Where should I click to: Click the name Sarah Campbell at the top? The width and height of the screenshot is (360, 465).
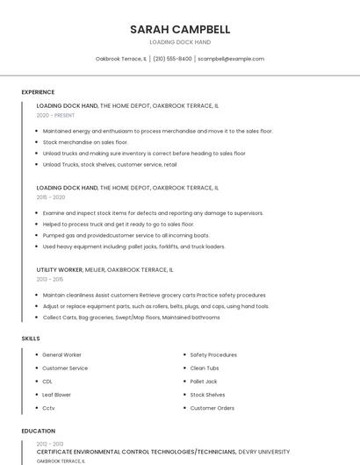tap(179, 29)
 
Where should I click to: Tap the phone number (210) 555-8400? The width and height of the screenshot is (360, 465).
tap(172, 59)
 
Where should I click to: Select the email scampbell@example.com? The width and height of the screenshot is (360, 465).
tap(231, 59)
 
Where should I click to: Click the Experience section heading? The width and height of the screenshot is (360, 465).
tap(38, 92)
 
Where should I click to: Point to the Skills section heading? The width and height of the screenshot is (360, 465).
tap(31, 338)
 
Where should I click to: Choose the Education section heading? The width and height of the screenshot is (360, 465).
tap(39, 431)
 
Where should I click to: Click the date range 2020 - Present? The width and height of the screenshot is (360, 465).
tap(55, 115)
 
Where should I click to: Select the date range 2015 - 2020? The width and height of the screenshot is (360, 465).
tap(51, 197)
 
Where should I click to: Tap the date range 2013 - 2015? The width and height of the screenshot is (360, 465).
tap(51, 279)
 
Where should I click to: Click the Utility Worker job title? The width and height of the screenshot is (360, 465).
tap(60, 270)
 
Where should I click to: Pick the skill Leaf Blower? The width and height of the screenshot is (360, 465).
tap(56, 395)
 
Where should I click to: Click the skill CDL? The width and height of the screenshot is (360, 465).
tap(47, 382)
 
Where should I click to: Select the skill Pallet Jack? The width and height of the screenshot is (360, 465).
tap(204, 382)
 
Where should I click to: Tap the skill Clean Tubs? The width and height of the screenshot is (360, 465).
tap(205, 368)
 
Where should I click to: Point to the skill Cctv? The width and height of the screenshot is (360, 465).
tap(48, 408)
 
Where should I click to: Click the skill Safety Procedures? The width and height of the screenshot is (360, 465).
tap(213, 355)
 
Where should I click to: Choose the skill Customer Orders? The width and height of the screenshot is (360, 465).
tap(212, 408)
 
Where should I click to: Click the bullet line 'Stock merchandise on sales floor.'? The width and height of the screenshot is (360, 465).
tap(85, 142)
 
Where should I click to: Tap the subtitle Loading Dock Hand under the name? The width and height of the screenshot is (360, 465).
tap(179, 42)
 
